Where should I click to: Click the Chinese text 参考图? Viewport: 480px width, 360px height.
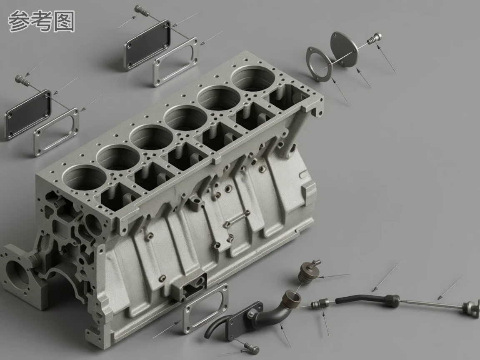click(41, 21)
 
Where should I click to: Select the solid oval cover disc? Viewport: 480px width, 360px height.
click(344, 49)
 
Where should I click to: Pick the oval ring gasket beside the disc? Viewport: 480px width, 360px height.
click(319, 64)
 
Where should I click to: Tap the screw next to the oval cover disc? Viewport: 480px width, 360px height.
click(375, 39)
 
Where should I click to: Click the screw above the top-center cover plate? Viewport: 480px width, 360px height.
click(142, 10)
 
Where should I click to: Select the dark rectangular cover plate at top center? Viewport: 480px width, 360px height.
click(147, 45)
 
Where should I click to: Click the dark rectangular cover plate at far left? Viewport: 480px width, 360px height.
click(28, 115)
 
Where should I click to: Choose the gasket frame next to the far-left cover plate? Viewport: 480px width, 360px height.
click(56, 132)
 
